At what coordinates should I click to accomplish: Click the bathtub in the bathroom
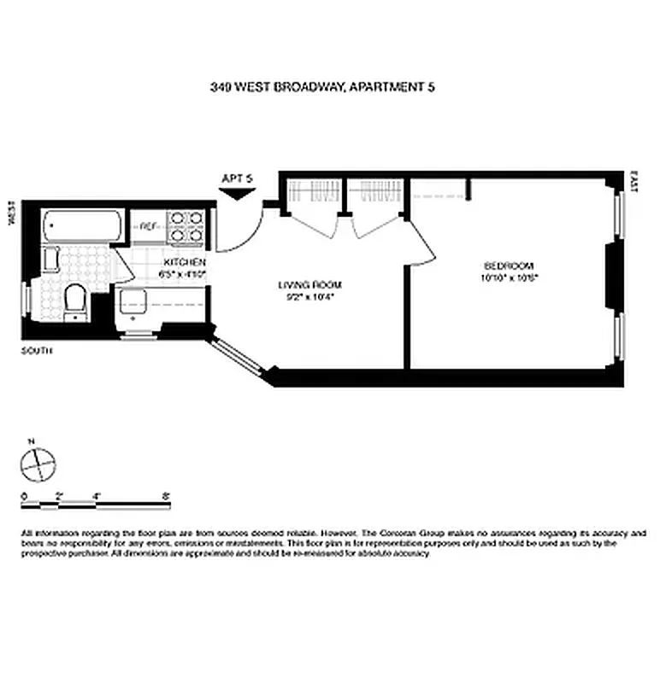(81, 226)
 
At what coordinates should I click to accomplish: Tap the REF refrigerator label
(147, 227)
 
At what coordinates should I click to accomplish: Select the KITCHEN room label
(185, 262)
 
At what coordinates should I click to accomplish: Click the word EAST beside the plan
(633, 180)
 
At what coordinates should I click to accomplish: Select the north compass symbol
(38, 464)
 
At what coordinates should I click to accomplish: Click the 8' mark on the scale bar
(165, 495)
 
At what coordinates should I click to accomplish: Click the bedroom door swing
(423, 248)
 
